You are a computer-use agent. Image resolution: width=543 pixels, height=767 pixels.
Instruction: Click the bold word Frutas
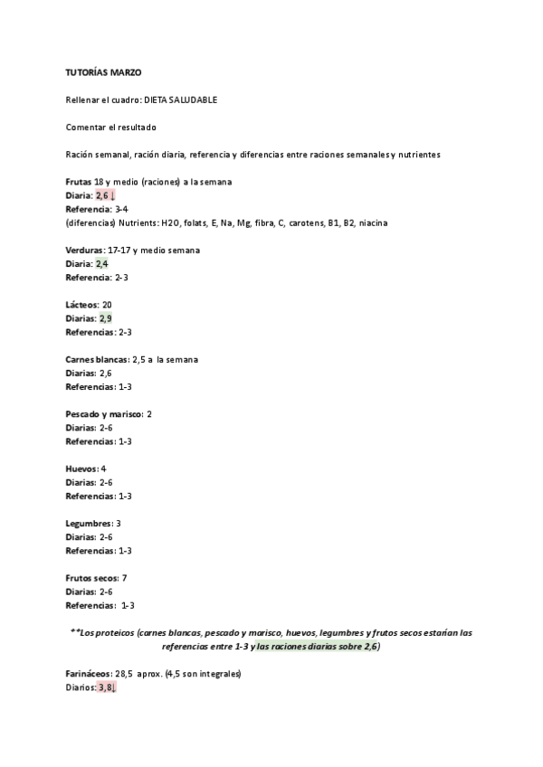79,182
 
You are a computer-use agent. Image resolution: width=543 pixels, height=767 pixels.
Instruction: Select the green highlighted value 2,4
102,263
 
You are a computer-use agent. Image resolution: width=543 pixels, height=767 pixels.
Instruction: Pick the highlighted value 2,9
106,318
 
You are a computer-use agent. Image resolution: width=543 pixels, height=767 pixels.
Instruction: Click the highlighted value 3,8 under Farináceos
107,687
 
